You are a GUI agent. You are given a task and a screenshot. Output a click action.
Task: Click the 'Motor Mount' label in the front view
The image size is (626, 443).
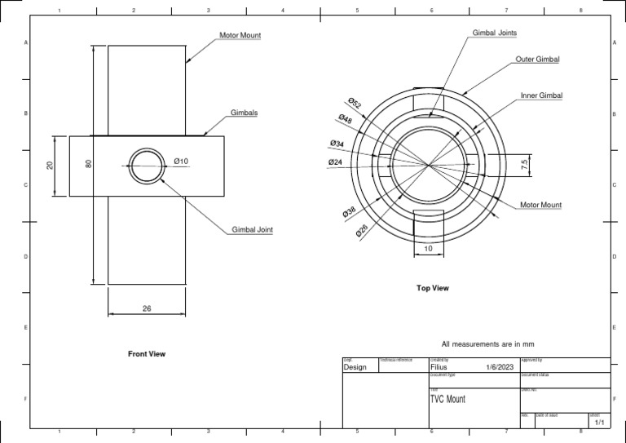click(240, 36)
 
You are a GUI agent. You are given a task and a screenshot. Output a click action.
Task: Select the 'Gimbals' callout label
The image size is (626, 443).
click(244, 113)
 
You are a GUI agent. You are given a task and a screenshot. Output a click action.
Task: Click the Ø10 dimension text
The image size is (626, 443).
click(180, 162)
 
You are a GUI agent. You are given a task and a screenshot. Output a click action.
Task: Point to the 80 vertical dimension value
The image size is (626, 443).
click(89, 163)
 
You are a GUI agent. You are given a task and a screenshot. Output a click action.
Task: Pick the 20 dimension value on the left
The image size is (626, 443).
click(50, 165)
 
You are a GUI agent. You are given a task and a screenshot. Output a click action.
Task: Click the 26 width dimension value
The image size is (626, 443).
click(147, 308)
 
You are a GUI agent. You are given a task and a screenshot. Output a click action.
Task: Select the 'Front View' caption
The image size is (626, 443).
click(147, 354)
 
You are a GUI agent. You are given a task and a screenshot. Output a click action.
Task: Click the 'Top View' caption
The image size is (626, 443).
click(432, 288)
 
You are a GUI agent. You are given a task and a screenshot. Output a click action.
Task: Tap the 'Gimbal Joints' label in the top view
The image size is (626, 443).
click(495, 33)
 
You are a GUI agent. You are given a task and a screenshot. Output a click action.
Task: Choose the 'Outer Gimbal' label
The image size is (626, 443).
click(537, 60)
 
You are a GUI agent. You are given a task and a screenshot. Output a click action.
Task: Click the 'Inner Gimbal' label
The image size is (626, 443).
click(541, 95)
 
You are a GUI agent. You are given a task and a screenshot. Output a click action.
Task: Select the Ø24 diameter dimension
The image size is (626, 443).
click(335, 162)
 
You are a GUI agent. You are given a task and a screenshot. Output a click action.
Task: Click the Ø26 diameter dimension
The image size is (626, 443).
click(362, 232)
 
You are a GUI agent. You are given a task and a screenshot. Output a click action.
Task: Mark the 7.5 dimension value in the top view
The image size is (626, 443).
click(525, 163)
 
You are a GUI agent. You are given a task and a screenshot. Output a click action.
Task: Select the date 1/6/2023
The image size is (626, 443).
click(500, 368)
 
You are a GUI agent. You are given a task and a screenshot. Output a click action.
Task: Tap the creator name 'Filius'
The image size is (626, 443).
click(439, 368)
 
